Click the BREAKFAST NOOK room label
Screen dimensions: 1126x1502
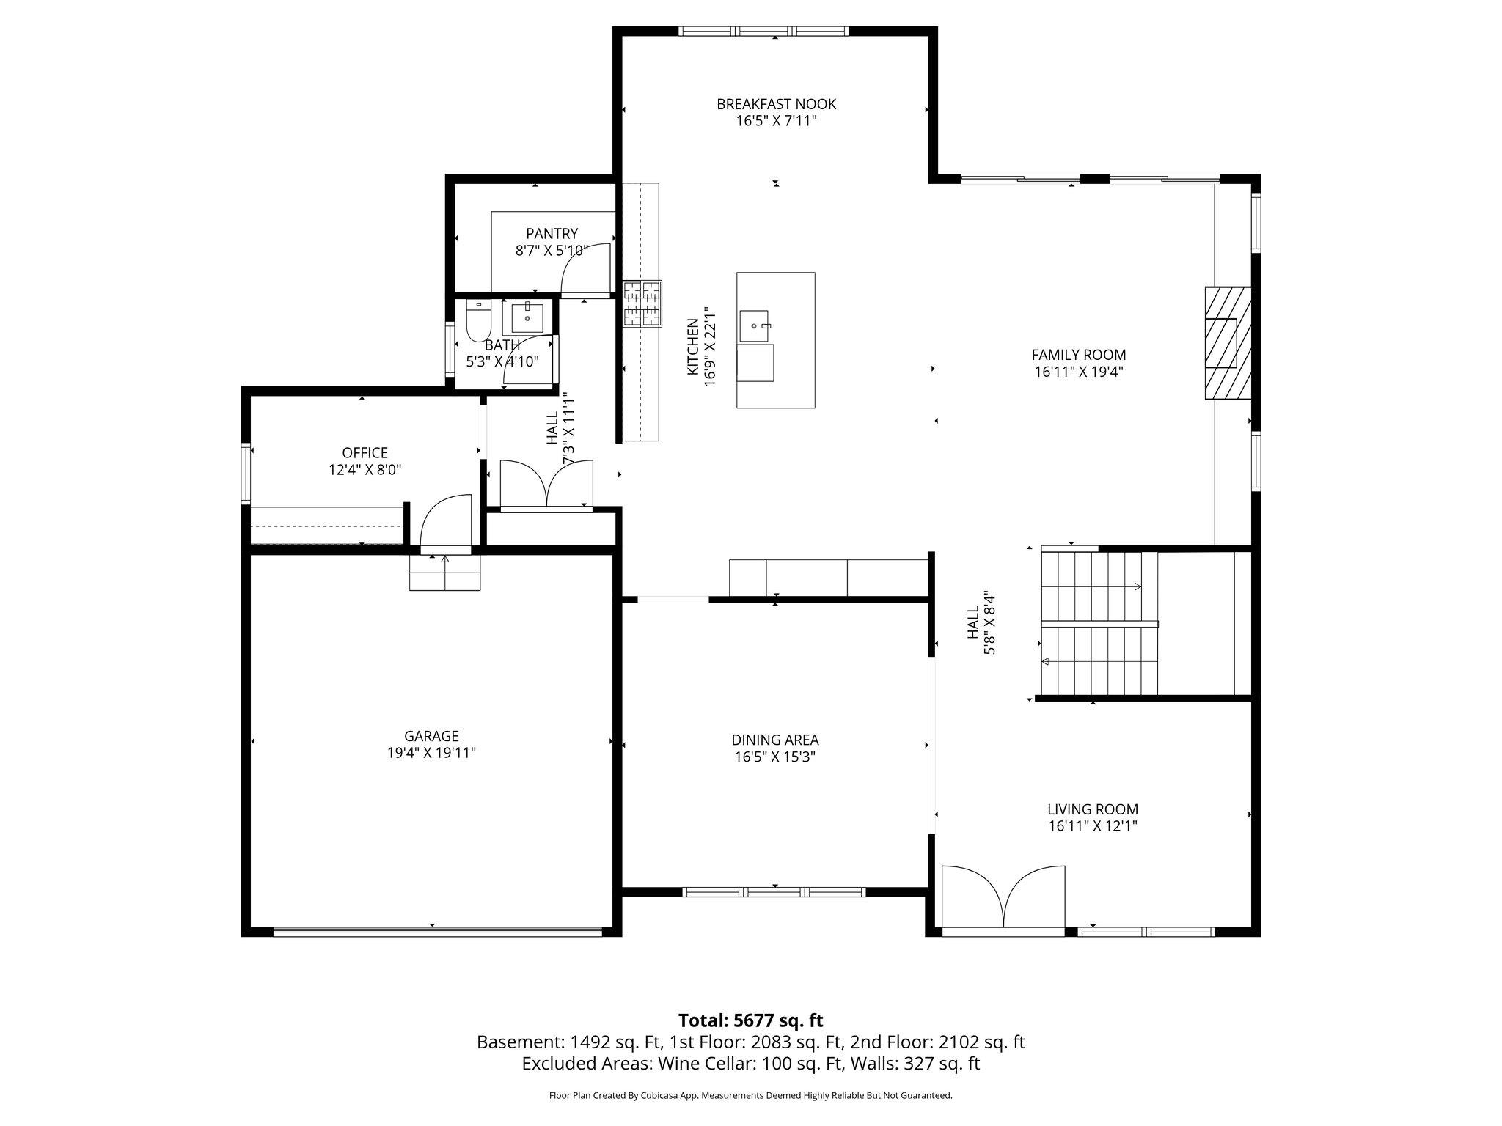click(x=776, y=104)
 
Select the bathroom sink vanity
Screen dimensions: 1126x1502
click(x=527, y=319)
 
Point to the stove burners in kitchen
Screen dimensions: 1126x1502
click(x=642, y=303)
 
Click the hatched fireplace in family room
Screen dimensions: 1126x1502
click(x=1227, y=342)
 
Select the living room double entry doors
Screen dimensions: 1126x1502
click(x=1003, y=899)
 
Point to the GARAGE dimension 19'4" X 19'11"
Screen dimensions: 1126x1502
click(x=432, y=752)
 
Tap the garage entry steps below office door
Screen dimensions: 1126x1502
click(x=444, y=573)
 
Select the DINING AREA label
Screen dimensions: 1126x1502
click(x=774, y=740)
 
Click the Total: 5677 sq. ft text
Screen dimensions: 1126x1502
click(x=750, y=1020)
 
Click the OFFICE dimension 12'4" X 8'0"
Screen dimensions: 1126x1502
click(x=364, y=469)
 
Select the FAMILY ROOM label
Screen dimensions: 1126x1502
click(x=1078, y=356)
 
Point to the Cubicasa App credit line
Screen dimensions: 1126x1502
click(x=750, y=1096)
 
